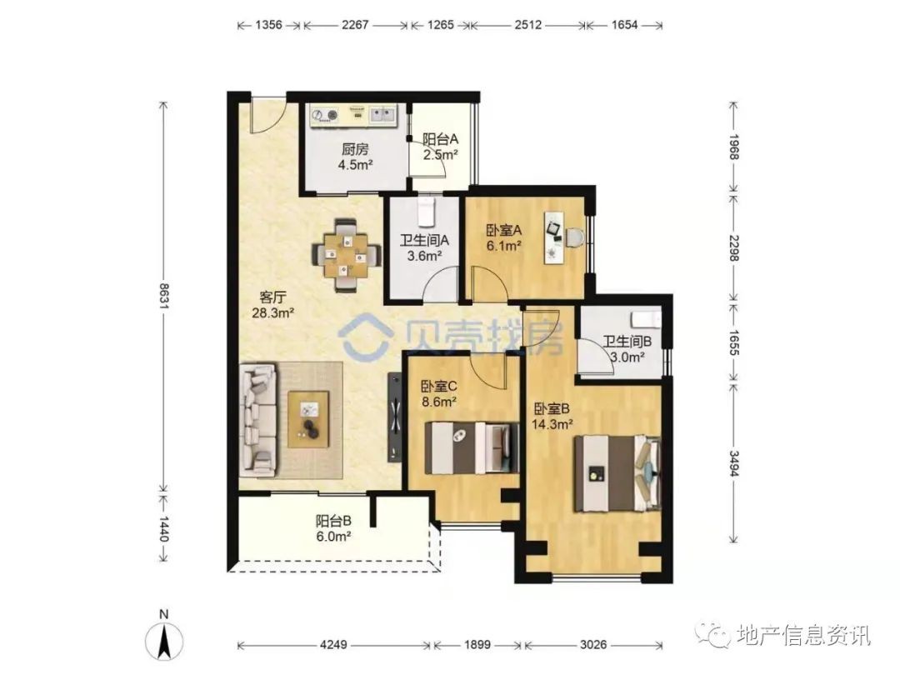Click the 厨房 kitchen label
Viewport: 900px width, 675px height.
pos(355,149)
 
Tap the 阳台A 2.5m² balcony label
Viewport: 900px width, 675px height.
pos(441,147)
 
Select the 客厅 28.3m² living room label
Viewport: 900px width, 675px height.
pos(273,305)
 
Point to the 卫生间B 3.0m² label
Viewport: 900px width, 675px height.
pos(627,349)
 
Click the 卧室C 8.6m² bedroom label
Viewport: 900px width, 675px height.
pos(439,393)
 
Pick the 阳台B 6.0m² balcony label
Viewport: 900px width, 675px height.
pos(333,528)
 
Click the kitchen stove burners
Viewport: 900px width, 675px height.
pos(324,116)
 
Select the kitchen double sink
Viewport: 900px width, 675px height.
pos(382,115)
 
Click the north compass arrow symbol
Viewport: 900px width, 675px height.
pos(164,642)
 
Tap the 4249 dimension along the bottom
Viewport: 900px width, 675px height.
pos(332,645)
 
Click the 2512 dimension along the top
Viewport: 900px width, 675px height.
pos(527,25)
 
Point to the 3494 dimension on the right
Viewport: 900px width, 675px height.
pos(733,463)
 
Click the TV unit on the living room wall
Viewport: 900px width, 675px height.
pos(394,417)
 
